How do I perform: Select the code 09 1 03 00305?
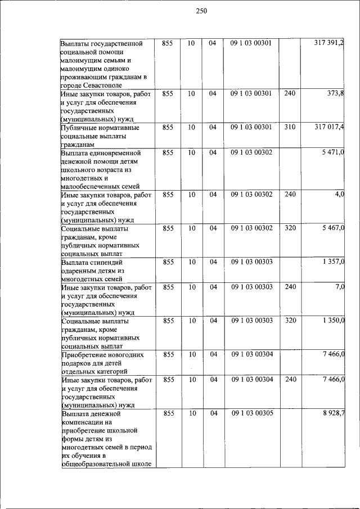point(251,414)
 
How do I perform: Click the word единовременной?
point(114,153)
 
